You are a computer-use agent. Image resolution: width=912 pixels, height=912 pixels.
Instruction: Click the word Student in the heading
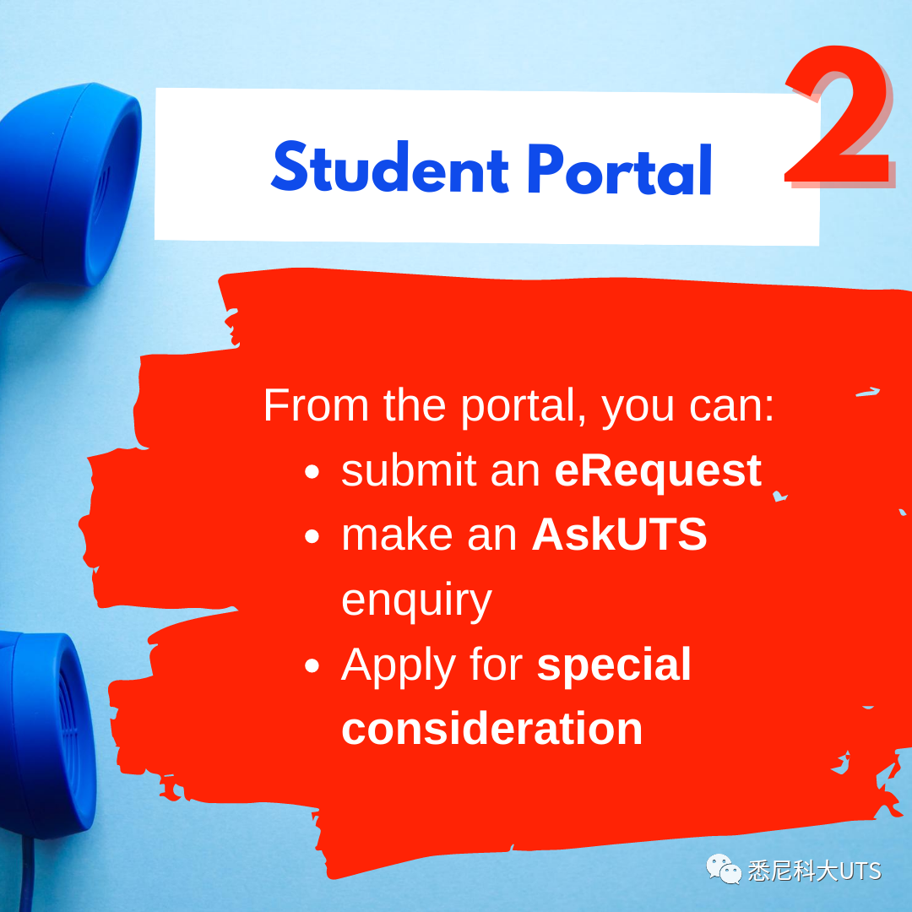point(390,167)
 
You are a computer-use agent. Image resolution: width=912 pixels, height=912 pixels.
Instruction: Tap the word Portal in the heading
point(620,169)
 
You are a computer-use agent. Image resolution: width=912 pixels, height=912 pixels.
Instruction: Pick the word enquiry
point(416,601)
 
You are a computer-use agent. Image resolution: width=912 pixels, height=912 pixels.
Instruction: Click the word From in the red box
point(316,404)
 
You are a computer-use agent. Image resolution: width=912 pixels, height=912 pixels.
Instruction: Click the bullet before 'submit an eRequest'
point(312,471)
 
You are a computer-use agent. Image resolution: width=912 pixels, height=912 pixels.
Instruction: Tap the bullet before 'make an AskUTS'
point(312,535)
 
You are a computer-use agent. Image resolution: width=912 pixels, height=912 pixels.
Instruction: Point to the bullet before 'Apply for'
point(312,665)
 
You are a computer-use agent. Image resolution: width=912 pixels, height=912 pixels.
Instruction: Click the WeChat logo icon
point(724,869)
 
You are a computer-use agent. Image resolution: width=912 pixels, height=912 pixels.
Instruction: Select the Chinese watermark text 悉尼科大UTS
point(814,871)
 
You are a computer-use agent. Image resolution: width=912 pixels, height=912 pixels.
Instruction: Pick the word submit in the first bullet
point(409,470)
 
